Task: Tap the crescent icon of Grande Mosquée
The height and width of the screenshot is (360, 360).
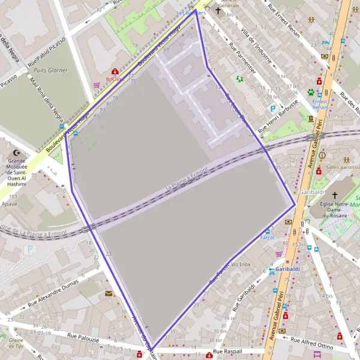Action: pyautogui.click(x=17, y=154)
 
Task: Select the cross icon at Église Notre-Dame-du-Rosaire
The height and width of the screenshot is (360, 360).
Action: pyautogui.click(x=334, y=196)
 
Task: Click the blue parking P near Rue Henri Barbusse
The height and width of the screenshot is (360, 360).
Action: pyautogui.click(x=273, y=109)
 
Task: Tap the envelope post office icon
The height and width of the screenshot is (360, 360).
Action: pyautogui.click(x=109, y=293)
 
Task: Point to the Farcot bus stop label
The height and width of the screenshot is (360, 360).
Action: pyautogui.click(x=267, y=237)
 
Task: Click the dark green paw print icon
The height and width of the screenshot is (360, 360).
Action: pyautogui.click(x=311, y=92)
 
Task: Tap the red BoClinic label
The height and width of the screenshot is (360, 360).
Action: pyautogui.click(x=113, y=79)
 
